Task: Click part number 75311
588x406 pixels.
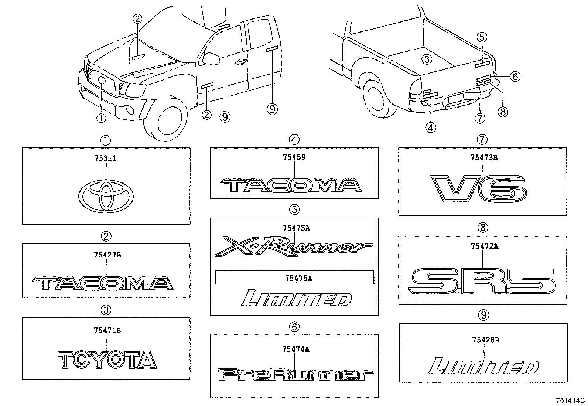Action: coord(105,158)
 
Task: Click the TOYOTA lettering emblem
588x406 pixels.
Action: coord(107,360)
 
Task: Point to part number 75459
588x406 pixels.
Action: coord(294,157)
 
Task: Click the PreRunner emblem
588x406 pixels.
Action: coord(294,375)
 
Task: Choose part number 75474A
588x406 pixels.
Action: coord(295,349)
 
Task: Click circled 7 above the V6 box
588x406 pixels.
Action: coord(482,140)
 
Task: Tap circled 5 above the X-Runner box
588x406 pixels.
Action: coord(294,210)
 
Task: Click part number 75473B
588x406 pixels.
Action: coord(484,158)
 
